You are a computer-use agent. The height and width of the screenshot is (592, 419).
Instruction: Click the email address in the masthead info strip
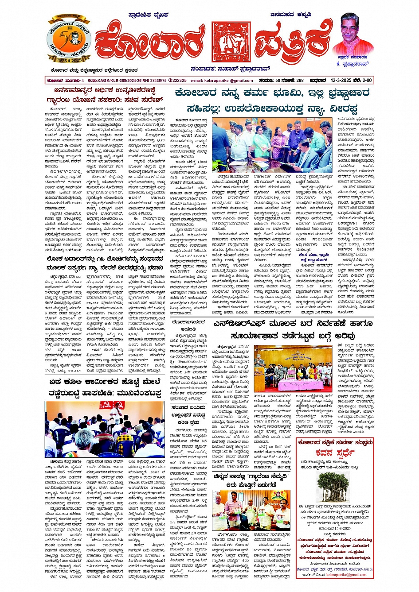tap(222, 81)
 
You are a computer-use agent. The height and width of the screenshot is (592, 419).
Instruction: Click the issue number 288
tap(300, 81)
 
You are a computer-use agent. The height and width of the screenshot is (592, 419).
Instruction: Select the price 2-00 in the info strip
tap(368, 81)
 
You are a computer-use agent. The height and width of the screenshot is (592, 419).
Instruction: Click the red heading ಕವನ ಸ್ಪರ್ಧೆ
tap(335, 453)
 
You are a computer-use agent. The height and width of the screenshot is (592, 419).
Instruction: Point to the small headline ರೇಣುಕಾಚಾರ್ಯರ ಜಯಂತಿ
tap(187, 326)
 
